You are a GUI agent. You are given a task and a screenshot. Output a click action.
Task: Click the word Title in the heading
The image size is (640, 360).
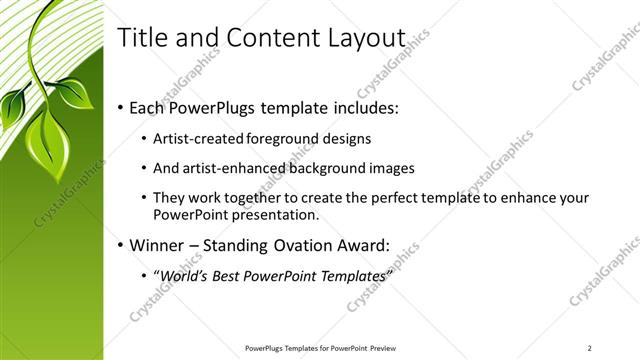[x=140, y=39]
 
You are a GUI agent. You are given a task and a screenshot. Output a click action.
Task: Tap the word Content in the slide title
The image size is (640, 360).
[x=262, y=39]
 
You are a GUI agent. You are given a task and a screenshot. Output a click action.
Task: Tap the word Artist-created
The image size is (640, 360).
[x=195, y=139]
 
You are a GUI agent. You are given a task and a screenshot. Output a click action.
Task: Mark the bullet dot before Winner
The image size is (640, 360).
[x=121, y=245]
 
